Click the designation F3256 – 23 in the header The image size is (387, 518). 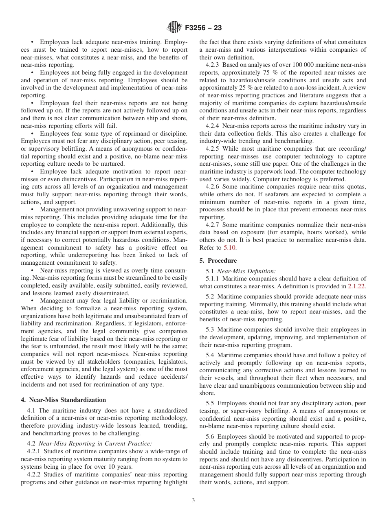click(203, 28)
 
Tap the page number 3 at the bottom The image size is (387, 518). click(193, 500)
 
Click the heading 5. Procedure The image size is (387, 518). click(218, 260)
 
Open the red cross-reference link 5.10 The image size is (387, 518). click(229, 247)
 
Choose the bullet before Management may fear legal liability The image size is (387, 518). click(32, 301)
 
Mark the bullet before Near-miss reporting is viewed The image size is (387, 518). click(32, 270)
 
